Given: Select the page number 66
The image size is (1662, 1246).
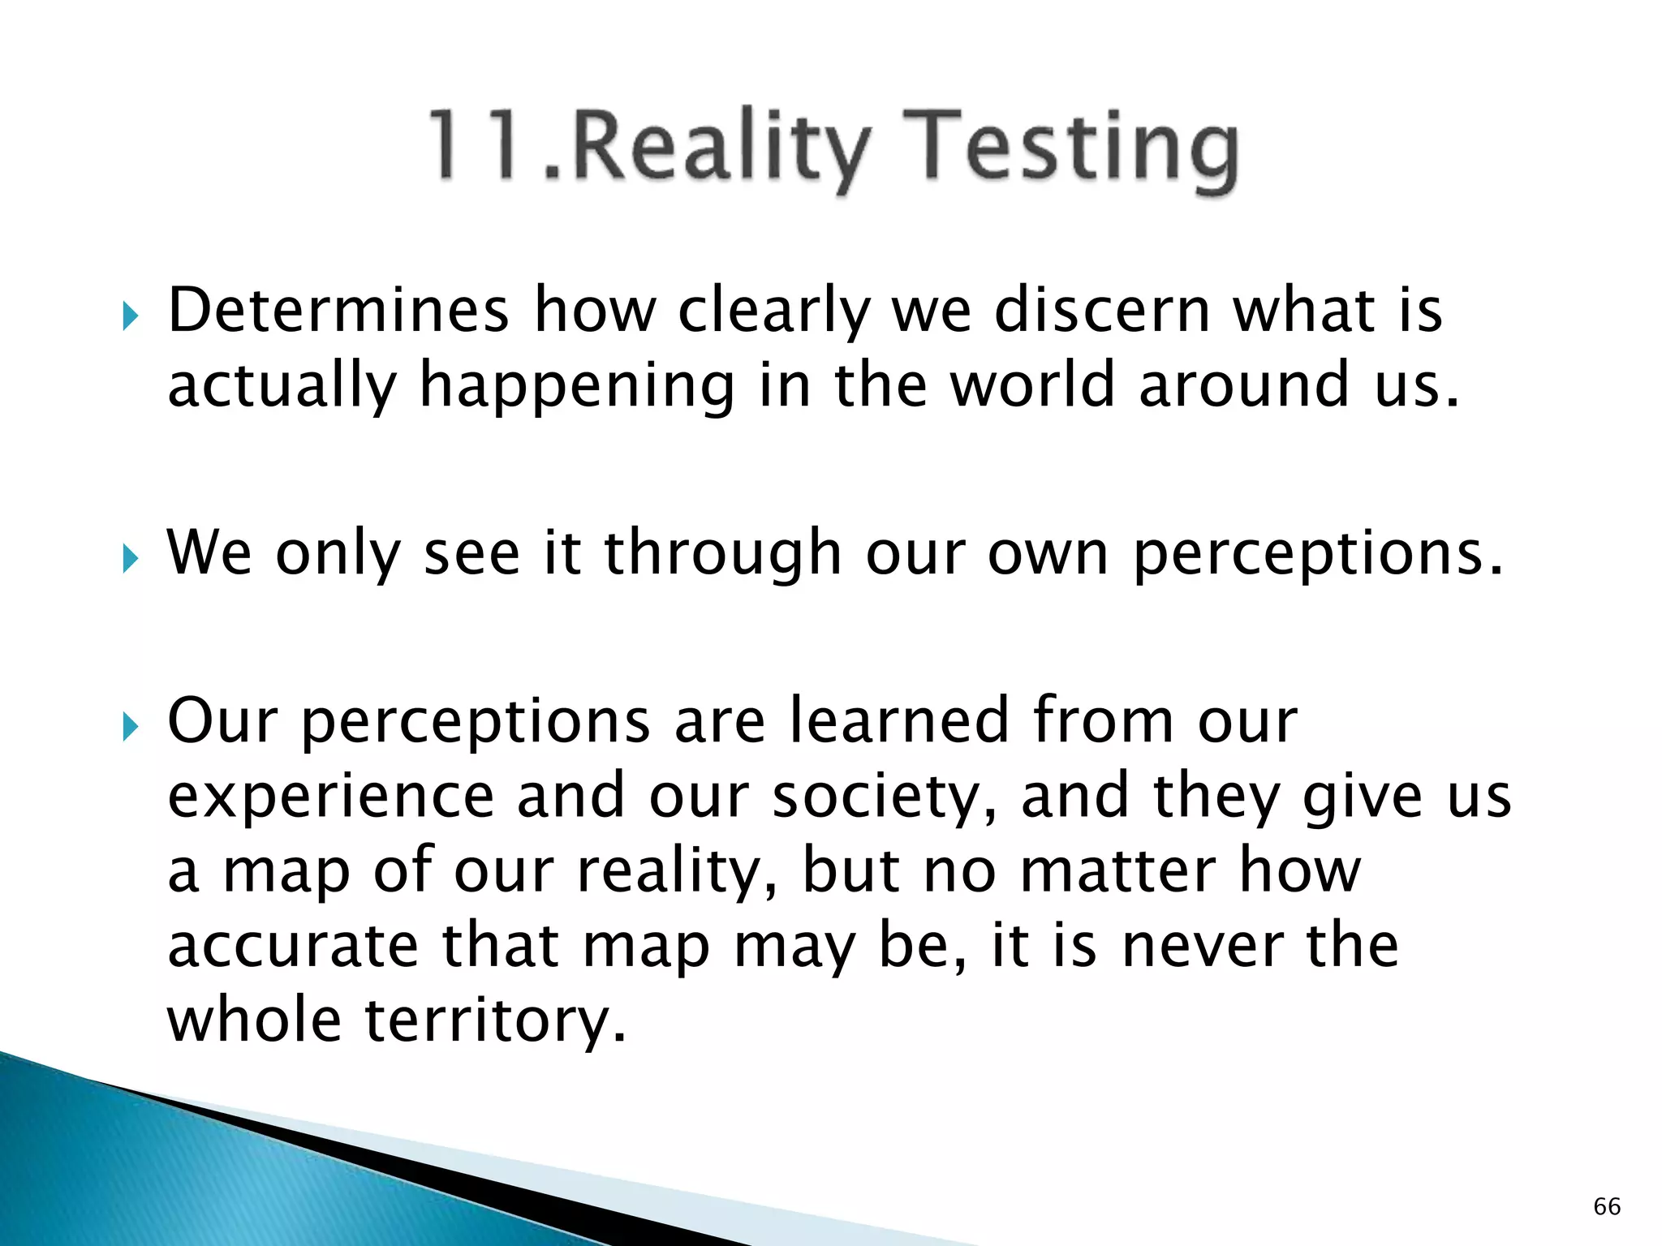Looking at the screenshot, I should pos(1607,1206).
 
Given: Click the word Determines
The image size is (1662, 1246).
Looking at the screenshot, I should pos(338,310).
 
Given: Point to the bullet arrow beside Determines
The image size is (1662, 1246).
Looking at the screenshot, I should pos(130,316).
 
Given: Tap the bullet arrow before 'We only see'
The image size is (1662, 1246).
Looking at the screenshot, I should pos(130,558).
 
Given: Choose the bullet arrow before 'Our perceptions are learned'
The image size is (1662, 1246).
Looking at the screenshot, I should pos(130,726).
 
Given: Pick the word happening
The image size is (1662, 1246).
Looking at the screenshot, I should pos(576,386).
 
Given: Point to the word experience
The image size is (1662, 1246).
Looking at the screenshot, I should pos(331,798).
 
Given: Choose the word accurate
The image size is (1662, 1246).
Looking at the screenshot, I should pos(294,946).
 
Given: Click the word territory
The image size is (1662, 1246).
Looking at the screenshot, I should pos(495,1022).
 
